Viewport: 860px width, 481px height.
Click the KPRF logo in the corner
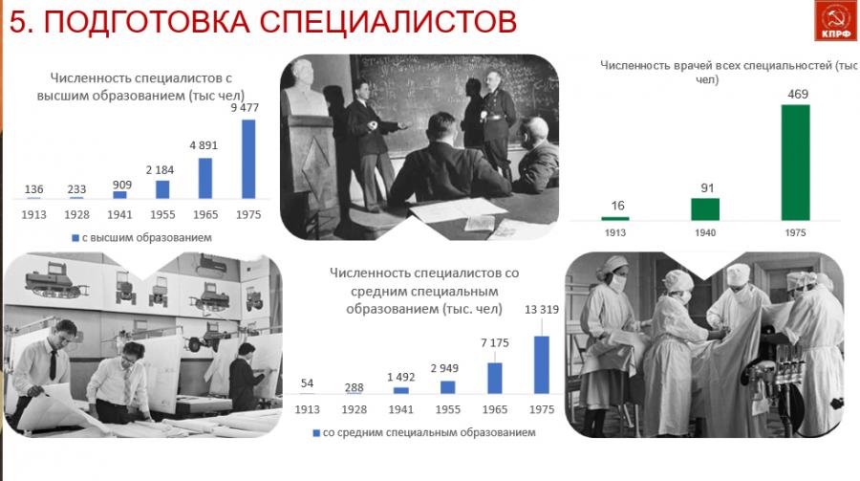(836, 20)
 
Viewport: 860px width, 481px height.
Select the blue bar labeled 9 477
(248, 159)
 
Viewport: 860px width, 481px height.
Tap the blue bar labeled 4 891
(205, 178)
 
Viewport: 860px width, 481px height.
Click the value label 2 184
(160, 170)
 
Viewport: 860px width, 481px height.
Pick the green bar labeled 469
(795, 163)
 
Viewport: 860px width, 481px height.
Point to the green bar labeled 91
(705, 209)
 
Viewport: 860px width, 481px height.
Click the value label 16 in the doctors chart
(617, 206)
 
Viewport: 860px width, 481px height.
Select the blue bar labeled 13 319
(542, 364)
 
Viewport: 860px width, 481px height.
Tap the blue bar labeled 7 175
(495, 378)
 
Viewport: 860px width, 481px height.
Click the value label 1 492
(401, 377)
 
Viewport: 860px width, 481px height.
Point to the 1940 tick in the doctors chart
(705, 232)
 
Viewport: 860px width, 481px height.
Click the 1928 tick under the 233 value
(76, 215)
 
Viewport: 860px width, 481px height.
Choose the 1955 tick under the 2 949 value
(447, 409)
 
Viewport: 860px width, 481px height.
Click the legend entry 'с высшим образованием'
(142, 238)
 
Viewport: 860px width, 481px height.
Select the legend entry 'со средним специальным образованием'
(424, 432)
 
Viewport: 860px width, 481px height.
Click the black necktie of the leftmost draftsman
(53, 364)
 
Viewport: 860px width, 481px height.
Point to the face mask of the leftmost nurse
(618, 283)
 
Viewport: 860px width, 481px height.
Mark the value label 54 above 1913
(307, 383)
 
